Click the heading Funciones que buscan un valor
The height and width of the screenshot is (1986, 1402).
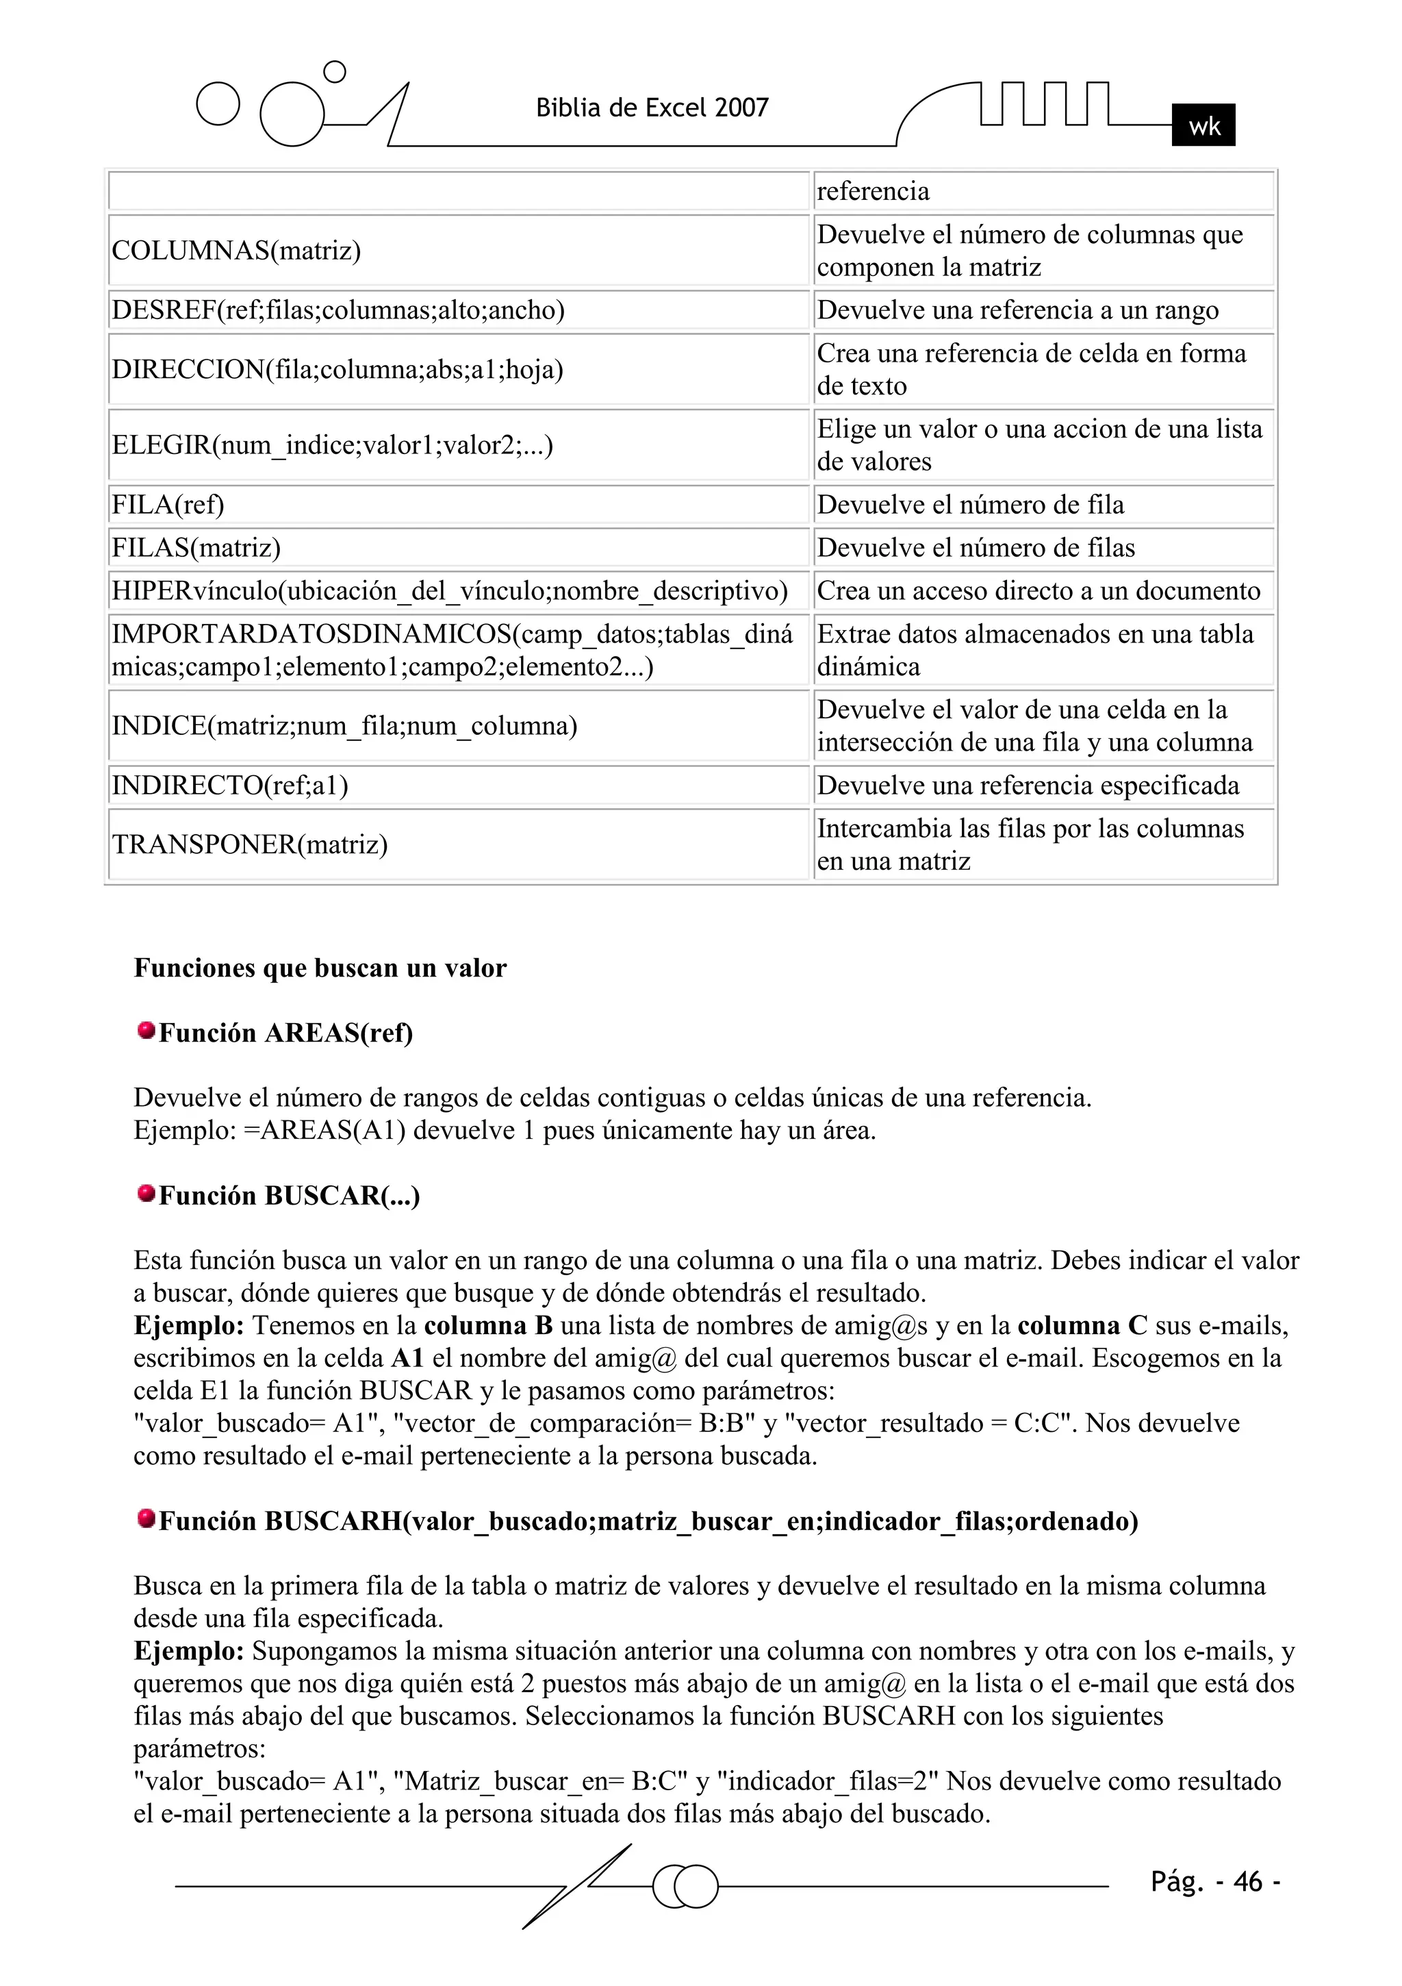pos(320,968)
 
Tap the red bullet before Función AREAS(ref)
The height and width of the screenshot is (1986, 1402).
pos(146,1030)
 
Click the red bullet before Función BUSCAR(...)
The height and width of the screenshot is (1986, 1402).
pos(146,1194)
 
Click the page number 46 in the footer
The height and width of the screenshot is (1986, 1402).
pos(1247,1882)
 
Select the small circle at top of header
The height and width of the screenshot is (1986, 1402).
pos(334,72)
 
